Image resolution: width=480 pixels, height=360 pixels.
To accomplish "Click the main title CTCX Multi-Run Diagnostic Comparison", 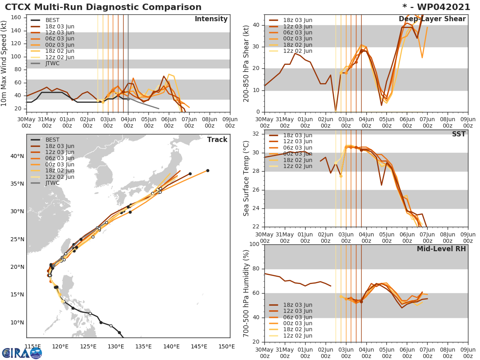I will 103,7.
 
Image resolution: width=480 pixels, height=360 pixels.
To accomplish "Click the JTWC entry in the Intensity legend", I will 52,63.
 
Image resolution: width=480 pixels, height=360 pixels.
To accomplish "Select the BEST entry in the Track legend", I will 52,140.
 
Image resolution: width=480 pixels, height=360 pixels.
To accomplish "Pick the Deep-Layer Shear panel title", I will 432,19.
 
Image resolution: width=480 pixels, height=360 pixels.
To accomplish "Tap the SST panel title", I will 458,134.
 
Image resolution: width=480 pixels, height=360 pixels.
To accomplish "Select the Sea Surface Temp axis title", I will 247,178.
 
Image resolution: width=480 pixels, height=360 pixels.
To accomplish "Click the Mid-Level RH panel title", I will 441,249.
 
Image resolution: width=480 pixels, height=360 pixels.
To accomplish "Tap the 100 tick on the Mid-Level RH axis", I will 254,244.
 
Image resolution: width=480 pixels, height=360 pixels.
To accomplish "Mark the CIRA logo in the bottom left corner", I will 22,352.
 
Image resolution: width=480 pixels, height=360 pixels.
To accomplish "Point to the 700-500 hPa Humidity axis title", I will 247,293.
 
